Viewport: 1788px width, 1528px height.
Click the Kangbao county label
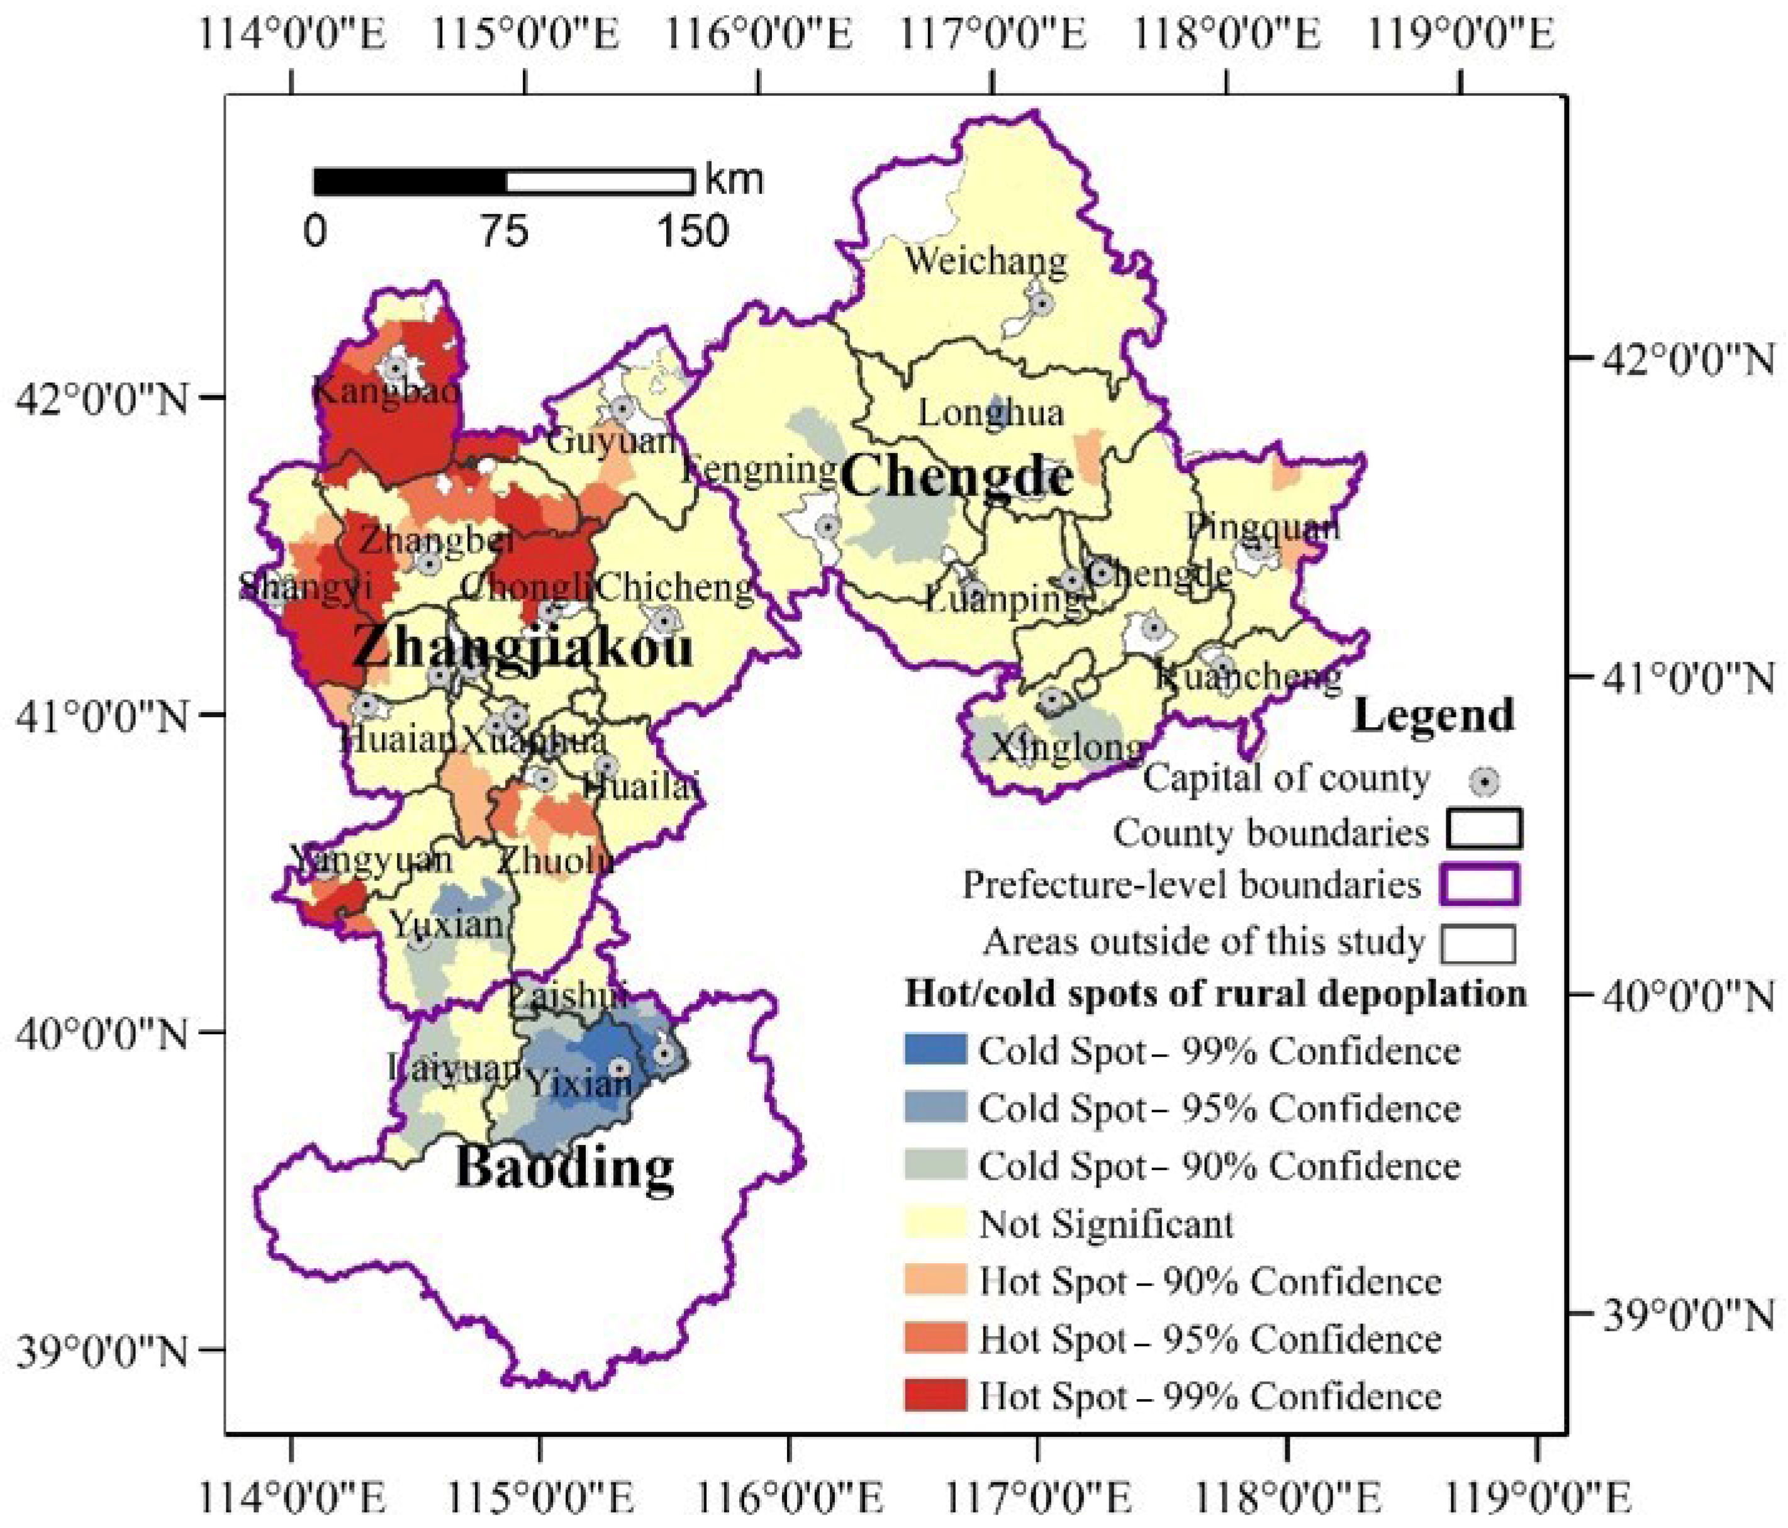point(386,392)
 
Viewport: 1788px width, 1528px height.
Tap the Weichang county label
point(985,260)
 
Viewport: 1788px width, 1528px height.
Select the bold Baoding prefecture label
point(564,1168)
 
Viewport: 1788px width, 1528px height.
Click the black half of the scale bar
point(410,182)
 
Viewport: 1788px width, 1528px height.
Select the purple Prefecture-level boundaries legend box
point(1479,885)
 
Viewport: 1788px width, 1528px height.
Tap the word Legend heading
point(1433,715)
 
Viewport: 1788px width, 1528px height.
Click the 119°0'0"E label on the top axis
point(1461,35)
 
